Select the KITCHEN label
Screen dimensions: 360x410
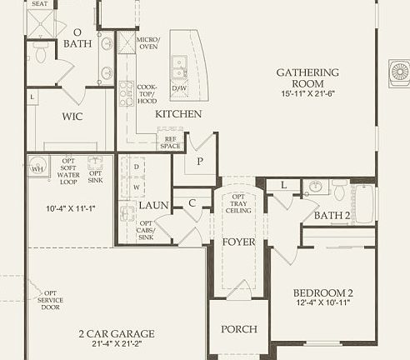[178, 113]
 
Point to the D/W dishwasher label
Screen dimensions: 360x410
[178, 87]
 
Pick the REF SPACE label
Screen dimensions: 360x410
[170, 142]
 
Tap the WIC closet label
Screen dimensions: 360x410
[72, 117]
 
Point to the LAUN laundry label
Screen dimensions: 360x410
[153, 204]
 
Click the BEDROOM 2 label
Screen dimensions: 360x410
[323, 292]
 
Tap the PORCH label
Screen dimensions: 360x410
[238, 329]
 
